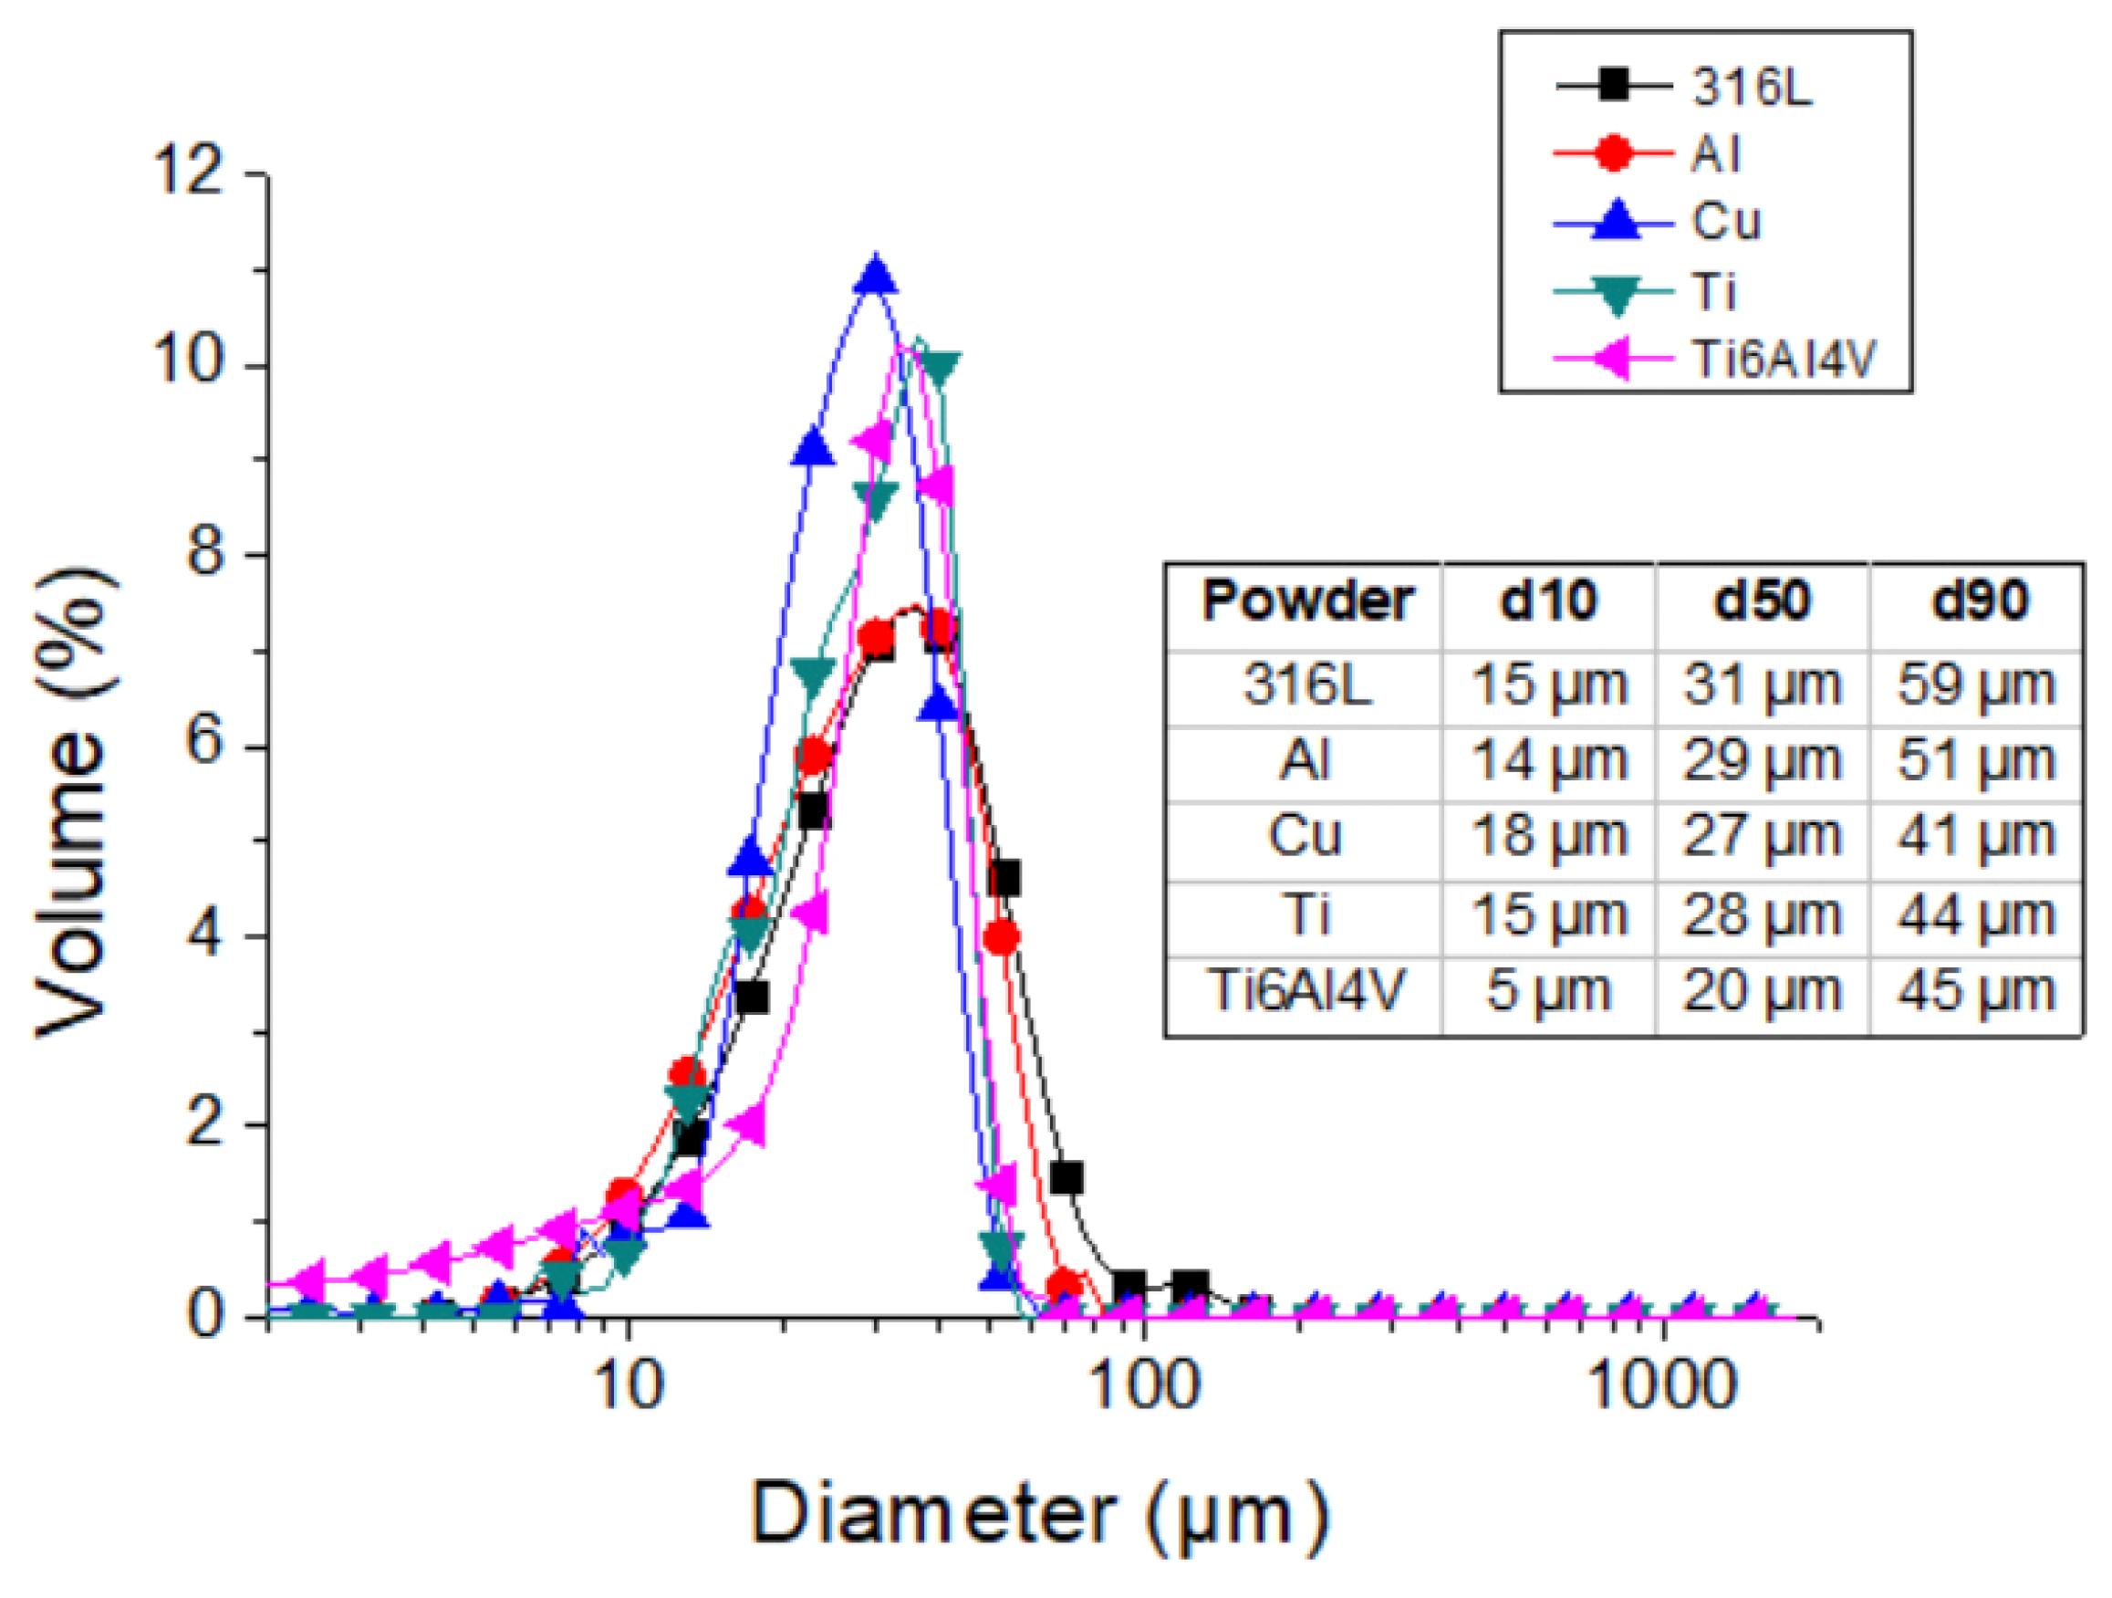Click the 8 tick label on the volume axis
(x=204, y=554)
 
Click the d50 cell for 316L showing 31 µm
(x=1762, y=685)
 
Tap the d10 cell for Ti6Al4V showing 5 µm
(x=1547, y=991)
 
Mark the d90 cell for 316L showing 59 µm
(x=1975, y=685)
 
